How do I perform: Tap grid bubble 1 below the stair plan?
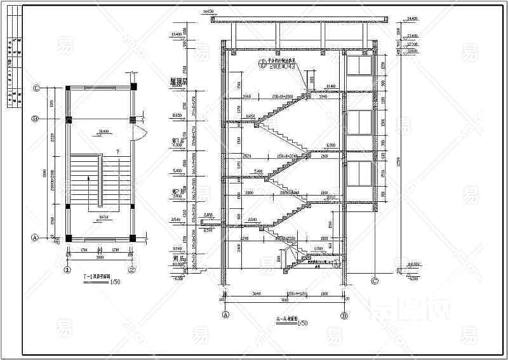tap(67, 269)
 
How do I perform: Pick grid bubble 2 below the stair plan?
tap(133, 269)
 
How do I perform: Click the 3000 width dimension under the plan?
tap(100, 258)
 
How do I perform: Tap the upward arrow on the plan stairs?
tap(88, 180)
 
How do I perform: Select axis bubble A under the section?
tap(225, 314)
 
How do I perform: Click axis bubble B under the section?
tap(344, 314)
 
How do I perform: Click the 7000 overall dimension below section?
tap(284, 300)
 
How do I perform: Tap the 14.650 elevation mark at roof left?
tap(207, 12)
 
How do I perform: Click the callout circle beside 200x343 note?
tap(262, 63)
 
